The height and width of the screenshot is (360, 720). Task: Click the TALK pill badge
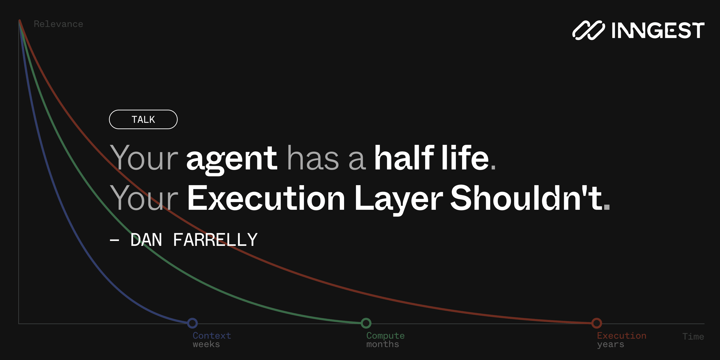(x=143, y=119)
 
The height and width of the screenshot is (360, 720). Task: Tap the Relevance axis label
(x=58, y=24)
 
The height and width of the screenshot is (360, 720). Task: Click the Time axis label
(x=693, y=336)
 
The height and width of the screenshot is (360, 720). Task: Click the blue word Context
(x=212, y=335)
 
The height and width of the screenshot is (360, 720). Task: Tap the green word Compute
(x=386, y=336)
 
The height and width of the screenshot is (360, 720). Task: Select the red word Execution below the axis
(x=622, y=335)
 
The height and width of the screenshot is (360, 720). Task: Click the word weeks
(x=206, y=344)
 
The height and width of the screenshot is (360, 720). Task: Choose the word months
(x=383, y=344)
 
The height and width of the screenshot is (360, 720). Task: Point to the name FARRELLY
(x=215, y=240)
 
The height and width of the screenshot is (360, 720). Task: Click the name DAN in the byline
(x=146, y=240)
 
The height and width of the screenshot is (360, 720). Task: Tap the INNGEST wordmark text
(x=658, y=30)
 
